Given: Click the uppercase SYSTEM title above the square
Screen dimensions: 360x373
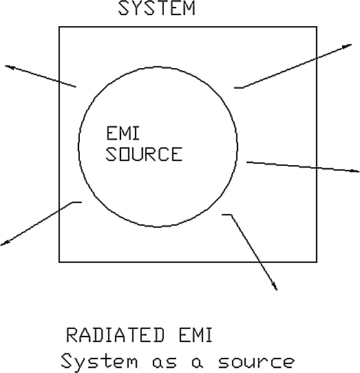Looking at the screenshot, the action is click(x=157, y=8).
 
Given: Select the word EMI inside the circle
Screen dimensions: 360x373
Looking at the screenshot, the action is click(x=123, y=134).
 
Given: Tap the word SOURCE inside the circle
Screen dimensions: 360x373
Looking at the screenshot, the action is click(x=144, y=154).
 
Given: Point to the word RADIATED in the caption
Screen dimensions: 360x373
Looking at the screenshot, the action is click(x=115, y=335).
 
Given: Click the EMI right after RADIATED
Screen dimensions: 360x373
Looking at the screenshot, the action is click(x=195, y=335).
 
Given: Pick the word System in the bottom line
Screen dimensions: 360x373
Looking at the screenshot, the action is click(x=99, y=361).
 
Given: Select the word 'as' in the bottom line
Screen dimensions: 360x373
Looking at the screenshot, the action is click(x=165, y=362).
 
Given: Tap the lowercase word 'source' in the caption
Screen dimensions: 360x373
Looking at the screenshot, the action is click(x=256, y=362).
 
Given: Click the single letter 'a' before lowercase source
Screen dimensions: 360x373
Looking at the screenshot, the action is click(x=198, y=362).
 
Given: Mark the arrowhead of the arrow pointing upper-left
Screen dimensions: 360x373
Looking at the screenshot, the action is click(x=8, y=67).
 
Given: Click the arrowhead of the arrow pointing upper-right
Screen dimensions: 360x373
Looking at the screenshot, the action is click(x=348, y=46).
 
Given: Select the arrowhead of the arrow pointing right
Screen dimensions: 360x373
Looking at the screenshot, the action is click(x=355, y=171).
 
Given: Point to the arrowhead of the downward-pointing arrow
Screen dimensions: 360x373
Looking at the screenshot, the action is click(x=275, y=286).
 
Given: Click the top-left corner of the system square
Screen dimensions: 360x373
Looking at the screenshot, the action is click(x=59, y=27).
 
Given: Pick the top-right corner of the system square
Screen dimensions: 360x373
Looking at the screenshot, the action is click(x=317, y=27).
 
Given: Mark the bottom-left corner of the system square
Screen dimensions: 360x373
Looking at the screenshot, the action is click(x=59, y=262).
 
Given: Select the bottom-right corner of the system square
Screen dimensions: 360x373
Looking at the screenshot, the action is click(x=317, y=262).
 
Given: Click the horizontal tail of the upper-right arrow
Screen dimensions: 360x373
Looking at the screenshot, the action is click(x=239, y=88).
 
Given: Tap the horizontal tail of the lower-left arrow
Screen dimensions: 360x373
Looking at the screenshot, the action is click(x=77, y=202).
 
